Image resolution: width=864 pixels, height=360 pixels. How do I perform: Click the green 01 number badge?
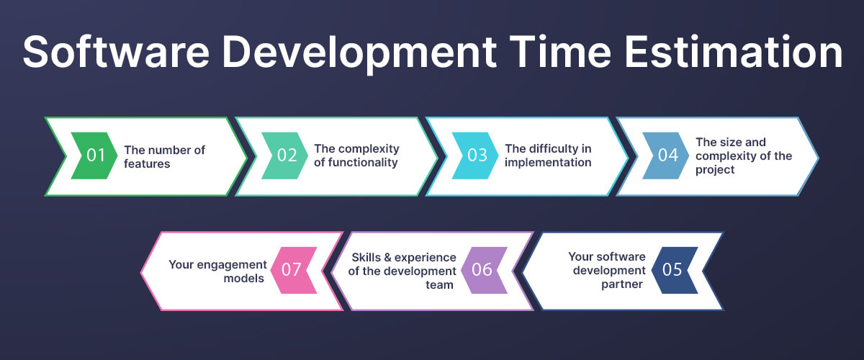click(94, 156)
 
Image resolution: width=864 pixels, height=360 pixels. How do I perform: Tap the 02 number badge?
click(285, 156)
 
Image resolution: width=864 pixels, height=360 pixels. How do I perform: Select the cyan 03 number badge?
click(476, 156)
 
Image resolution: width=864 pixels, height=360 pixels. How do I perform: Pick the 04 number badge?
click(666, 156)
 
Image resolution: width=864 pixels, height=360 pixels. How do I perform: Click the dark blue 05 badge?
click(675, 270)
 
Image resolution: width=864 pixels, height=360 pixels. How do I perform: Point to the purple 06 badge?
click(484, 270)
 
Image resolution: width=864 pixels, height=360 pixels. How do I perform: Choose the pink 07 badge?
click(294, 270)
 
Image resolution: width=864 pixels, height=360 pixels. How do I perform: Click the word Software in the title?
click(116, 52)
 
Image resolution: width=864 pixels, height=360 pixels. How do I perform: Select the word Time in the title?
click(560, 52)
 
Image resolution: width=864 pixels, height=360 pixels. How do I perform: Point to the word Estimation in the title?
click(734, 52)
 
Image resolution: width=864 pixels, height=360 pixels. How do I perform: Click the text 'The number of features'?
click(164, 157)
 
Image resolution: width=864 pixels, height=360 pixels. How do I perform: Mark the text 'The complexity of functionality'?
click(356, 156)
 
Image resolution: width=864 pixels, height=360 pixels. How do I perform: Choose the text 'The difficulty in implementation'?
click(548, 156)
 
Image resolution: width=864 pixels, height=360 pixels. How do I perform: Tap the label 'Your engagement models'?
click(218, 271)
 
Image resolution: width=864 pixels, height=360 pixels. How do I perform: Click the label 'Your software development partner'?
click(607, 270)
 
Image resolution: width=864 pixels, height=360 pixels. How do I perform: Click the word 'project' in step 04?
click(715, 170)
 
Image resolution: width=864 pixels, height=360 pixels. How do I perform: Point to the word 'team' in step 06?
click(439, 284)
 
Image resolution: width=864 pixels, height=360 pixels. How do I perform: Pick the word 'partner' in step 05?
click(622, 284)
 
